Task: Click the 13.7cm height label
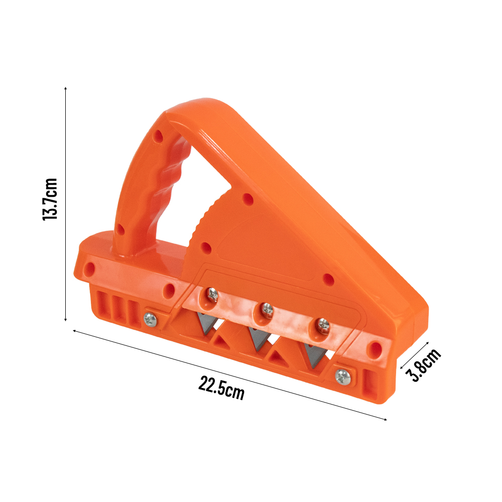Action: pos(50,199)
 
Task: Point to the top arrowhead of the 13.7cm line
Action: pos(66,88)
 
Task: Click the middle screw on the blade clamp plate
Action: pos(267,310)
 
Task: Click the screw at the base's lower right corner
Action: pos(342,374)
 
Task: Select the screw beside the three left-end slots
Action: pos(149,318)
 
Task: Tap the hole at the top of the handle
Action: pos(159,136)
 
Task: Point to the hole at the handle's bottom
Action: pos(120,230)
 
